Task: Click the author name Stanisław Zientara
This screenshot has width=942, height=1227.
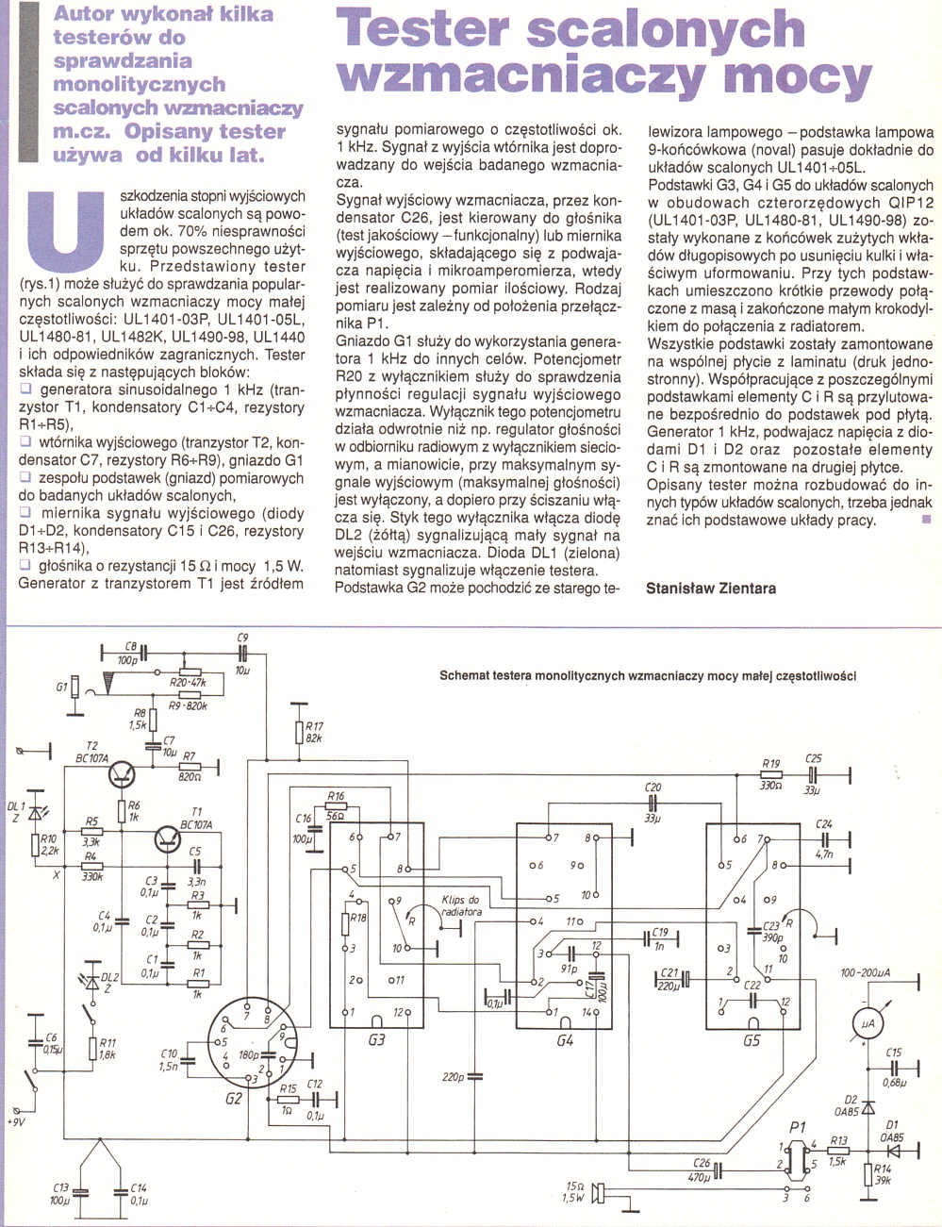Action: (x=711, y=589)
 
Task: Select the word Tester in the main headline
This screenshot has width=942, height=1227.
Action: (x=426, y=30)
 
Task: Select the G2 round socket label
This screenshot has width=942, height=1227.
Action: (x=233, y=1099)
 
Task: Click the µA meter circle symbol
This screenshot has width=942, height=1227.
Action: (x=865, y=1022)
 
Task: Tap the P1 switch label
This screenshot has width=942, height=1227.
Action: (x=798, y=1127)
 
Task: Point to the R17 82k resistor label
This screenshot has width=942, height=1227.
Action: (x=314, y=732)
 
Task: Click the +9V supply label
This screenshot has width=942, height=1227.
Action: (x=17, y=1122)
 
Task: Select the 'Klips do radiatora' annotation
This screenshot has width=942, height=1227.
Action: (x=461, y=906)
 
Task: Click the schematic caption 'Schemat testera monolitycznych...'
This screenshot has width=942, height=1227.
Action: (x=647, y=676)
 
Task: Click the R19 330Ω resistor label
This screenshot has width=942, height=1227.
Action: (x=771, y=770)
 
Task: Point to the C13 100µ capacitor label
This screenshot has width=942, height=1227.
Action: (x=60, y=1194)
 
